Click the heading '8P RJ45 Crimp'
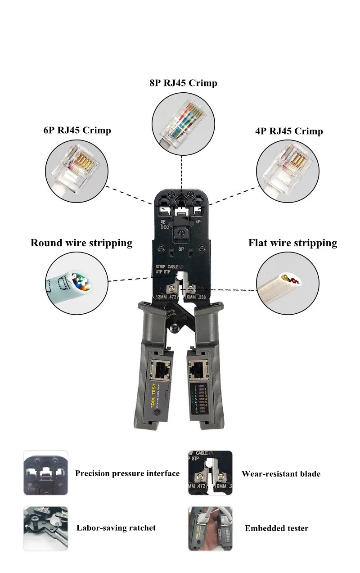183,83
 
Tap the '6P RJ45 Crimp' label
77,130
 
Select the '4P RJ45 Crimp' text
288,131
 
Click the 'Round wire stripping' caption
81,243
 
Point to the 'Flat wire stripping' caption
292,243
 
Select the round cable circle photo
76,283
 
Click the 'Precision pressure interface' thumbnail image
45,473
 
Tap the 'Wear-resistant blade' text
281,474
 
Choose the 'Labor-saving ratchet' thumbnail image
45,528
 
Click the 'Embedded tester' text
276,528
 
